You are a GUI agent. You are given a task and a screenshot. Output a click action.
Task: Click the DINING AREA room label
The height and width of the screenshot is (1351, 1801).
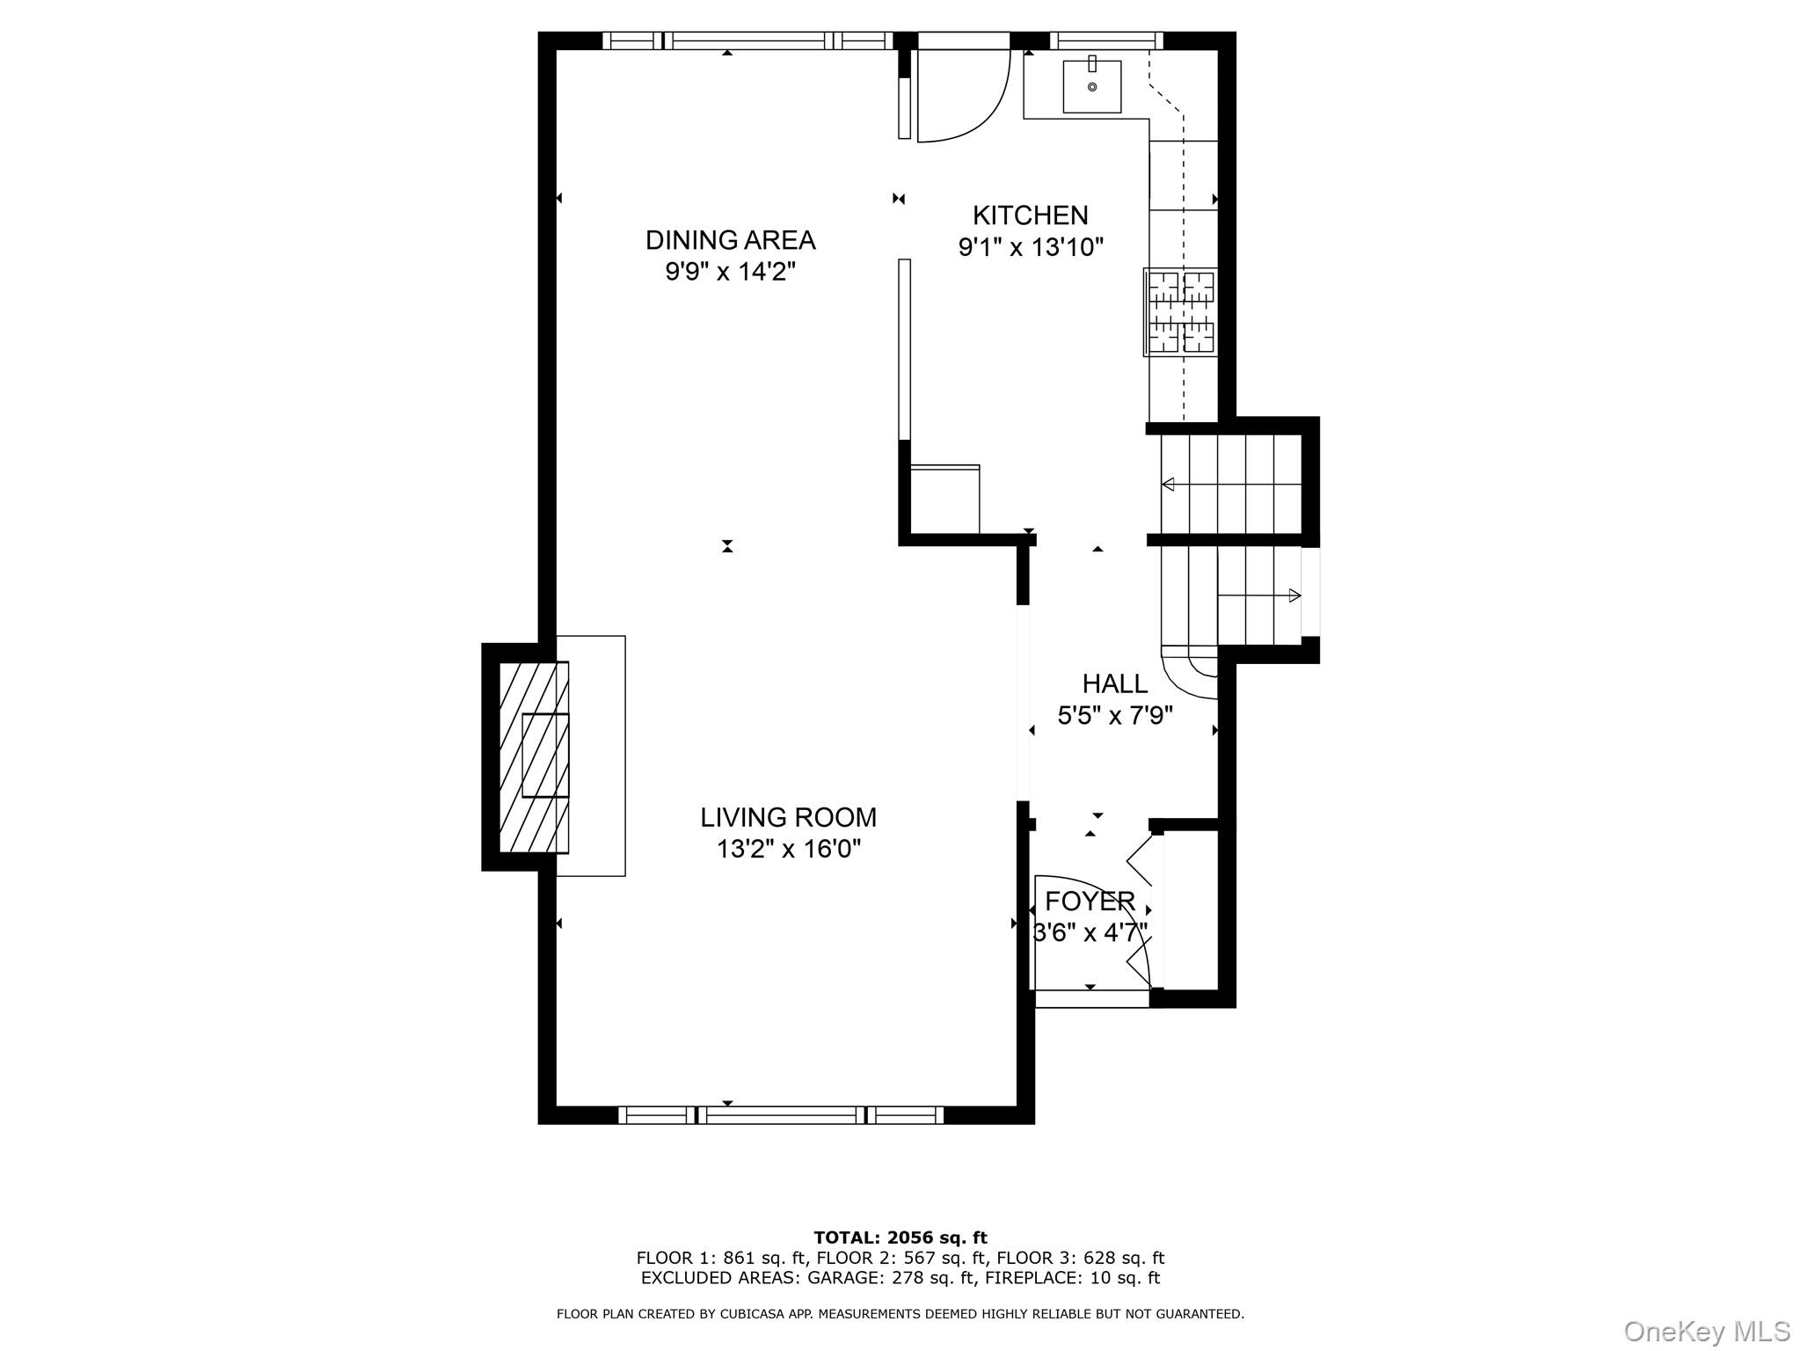(x=730, y=239)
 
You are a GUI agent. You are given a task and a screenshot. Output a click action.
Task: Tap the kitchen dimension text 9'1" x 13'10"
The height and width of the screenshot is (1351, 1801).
(x=1030, y=247)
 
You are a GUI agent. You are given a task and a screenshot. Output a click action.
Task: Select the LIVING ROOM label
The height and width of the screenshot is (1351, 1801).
(x=788, y=817)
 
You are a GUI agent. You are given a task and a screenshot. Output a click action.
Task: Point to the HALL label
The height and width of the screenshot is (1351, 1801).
(x=1114, y=683)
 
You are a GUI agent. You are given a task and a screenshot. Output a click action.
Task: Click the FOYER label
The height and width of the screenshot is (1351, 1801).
(x=1090, y=901)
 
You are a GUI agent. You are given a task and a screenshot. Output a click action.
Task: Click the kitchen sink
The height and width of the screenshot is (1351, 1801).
(x=1091, y=86)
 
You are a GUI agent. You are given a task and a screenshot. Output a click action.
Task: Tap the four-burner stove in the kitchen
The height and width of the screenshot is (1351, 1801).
(x=1181, y=311)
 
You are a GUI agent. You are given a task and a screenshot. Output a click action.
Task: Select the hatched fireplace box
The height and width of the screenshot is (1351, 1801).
(x=533, y=756)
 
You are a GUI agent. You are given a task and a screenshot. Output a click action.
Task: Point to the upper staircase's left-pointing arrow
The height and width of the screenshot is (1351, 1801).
(x=1169, y=484)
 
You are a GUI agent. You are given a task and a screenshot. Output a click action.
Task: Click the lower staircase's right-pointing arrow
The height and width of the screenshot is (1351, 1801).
(x=1294, y=595)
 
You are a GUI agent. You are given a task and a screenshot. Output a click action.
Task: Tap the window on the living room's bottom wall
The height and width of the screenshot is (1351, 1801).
(x=781, y=1115)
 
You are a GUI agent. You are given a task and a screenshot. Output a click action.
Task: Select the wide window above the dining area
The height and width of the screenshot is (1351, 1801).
(x=747, y=40)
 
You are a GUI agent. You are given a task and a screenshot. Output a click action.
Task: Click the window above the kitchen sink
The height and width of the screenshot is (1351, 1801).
(x=1105, y=40)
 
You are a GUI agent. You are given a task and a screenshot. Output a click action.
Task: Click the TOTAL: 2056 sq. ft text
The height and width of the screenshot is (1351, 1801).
(x=900, y=1238)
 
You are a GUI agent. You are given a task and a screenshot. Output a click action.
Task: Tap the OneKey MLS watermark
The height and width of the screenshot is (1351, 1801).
(x=1706, y=1331)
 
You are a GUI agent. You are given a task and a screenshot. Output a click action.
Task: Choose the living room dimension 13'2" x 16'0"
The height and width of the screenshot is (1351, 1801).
(x=788, y=849)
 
